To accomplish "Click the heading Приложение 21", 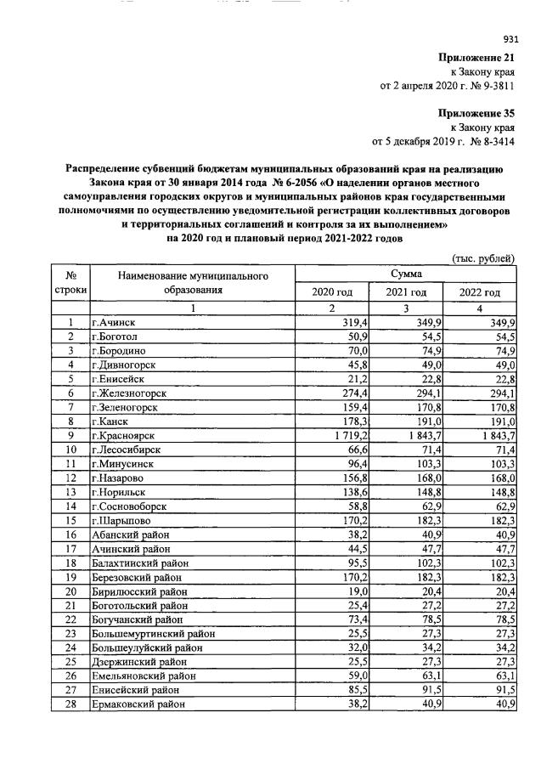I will click(x=476, y=57).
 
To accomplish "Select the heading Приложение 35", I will click(x=476, y=112).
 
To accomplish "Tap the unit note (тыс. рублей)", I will click(x=481, y=257).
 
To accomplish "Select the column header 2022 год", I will click(x=480, y=292).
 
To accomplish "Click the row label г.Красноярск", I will click(x=125, y=435).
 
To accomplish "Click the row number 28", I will click(x=70, y=704).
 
